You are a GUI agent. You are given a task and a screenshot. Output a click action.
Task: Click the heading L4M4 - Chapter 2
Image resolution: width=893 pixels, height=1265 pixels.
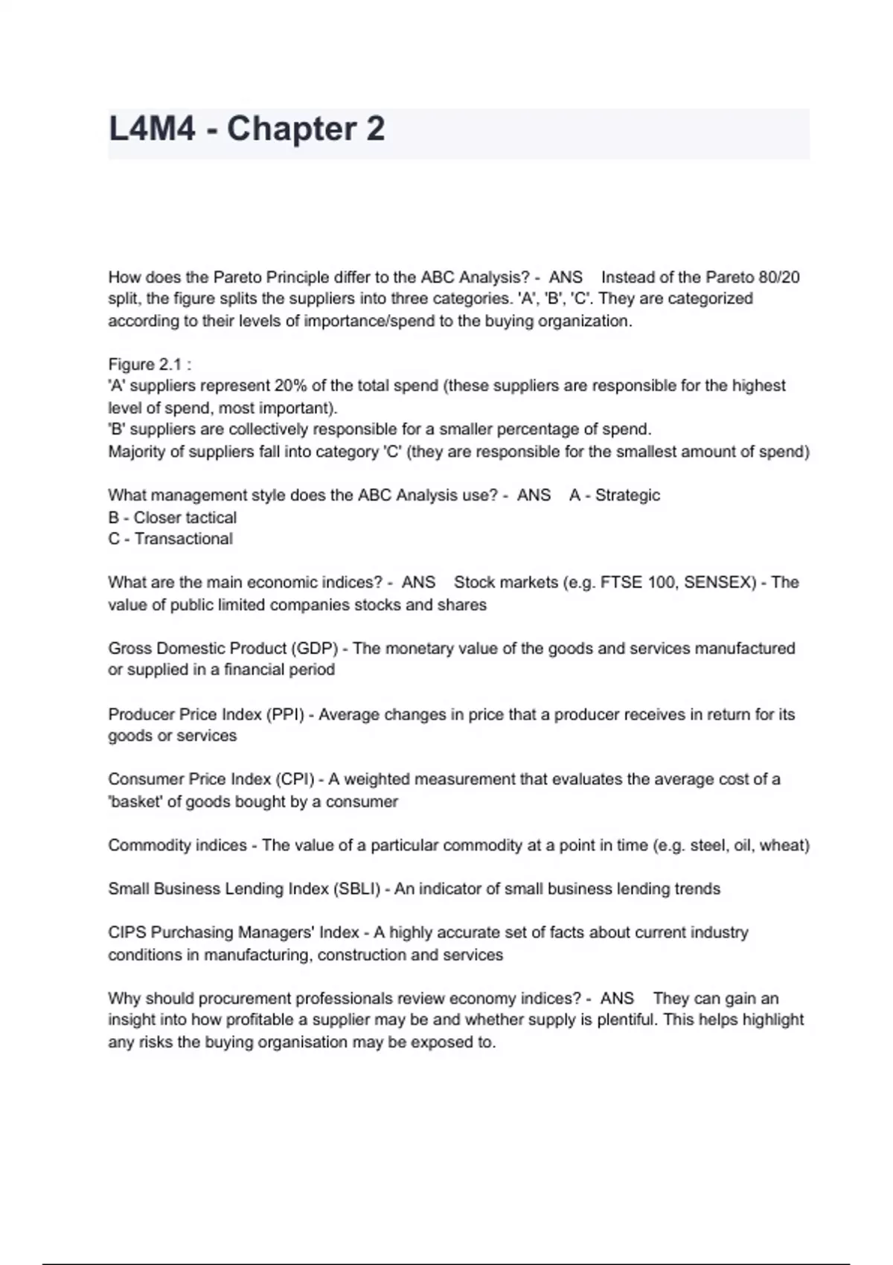pos(246,129)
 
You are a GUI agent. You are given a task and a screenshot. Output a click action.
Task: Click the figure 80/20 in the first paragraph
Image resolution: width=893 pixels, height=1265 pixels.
pos(779,278)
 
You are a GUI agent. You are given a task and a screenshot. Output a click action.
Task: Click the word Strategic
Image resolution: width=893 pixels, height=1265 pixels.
pos(627,496)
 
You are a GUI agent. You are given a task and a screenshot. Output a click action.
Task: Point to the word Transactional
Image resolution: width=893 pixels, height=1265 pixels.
pos(183,539)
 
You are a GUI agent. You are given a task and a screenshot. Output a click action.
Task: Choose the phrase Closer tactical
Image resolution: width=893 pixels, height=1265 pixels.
pos(185,517)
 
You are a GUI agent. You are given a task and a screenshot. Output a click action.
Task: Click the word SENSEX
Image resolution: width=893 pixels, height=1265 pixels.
pos(719,583)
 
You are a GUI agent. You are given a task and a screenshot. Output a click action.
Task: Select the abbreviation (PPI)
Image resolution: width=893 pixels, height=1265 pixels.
pos(285,714)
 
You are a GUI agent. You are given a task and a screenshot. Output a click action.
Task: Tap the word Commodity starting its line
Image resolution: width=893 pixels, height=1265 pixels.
pos(150,845)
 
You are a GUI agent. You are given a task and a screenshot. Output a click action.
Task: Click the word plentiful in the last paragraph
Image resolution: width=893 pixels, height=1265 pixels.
pos(626,1019)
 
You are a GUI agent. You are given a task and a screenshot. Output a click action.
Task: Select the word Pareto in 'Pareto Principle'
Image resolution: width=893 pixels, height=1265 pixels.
pos(237,278)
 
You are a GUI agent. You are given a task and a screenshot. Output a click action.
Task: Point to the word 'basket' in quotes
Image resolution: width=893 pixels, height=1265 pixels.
pos(135,801)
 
